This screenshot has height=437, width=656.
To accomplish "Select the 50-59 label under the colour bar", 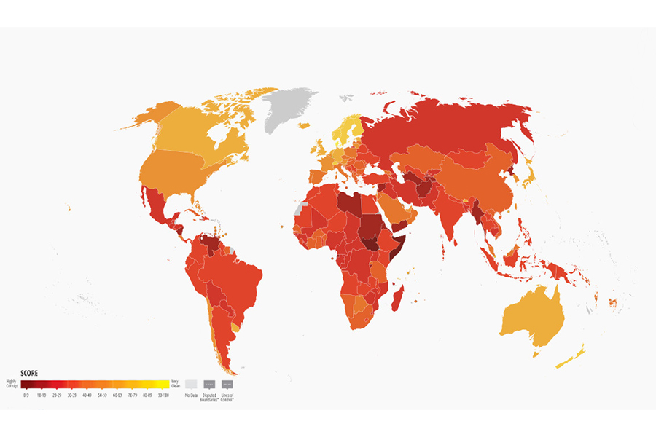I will pyautogui.click(x=102, y=395).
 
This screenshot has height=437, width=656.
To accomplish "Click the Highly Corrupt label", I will pyautogui.click(x=12, y=382).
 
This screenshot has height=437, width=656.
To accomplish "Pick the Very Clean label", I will pyautogui.click(x=175, y=382).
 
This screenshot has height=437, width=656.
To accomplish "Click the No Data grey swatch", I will pyautogui.click(x=190, y=384).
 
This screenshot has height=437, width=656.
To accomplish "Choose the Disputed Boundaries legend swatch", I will pyautogui.click(x=209, y=384).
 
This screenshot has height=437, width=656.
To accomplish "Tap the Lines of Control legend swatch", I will pyautogui.click(x=227, y=384).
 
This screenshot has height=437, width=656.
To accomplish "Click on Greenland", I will pyautogui.click(x=290, y=109).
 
